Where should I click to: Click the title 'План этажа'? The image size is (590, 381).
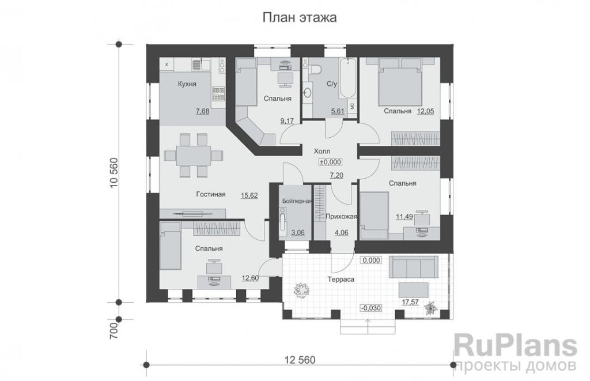(x=299, y=17)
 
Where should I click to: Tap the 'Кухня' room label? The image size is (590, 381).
(x=187, y=84)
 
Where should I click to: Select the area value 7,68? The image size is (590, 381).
(x=202, y=111)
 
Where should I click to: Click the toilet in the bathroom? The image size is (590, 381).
(x=316, y=68)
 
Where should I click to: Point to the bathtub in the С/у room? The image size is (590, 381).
(x=347, y=79)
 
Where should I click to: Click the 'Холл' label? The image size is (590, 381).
(x=322, y=152)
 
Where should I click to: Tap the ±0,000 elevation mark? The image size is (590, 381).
(x=330, y=163)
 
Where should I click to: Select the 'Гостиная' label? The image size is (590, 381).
(x=211, y=194)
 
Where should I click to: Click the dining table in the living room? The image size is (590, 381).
(x=194, y=155)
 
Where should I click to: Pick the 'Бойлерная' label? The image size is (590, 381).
(x=297, y=201)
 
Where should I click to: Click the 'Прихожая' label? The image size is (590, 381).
(x=341, y=217)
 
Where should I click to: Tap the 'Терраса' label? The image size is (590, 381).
(x=341, y=280)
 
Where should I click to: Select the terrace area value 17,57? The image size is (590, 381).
(x=410, y=302)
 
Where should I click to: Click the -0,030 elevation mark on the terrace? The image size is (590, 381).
(x=371, y=308)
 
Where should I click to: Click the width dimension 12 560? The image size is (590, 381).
(x=300, y=360)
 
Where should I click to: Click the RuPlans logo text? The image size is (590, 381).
(x=516, y=346)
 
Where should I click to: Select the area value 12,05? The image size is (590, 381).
(x=425, y=111)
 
